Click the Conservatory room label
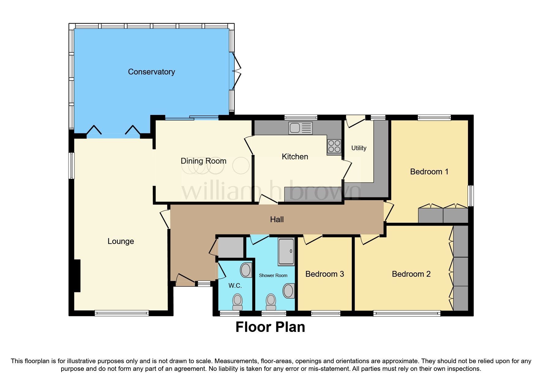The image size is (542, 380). click(151, 72)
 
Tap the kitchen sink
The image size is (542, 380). click(300, 128)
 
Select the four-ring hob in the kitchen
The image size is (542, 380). click(334, 146)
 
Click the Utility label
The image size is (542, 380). click(359, 148)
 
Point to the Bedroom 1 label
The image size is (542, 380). click(429, 172)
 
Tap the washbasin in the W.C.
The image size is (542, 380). click(245, 270)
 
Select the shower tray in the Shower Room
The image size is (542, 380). click(286, 251)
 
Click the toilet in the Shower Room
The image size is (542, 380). click(271, 302)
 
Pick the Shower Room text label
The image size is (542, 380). click(273, 275)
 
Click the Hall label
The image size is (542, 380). click(277, 219)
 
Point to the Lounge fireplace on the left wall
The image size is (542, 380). click(77, 276)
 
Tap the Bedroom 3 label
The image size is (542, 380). click(324, 274)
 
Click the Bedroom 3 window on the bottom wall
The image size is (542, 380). click(326, 313)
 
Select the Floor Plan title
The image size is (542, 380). click(270, 327)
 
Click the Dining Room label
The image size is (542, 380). click(203, 161)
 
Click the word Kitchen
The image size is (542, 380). click(295, 157)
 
